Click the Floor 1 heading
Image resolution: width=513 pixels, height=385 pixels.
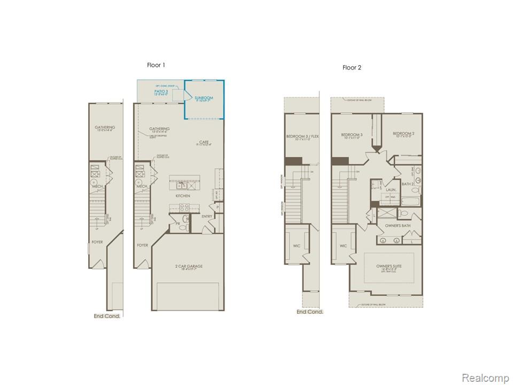click(x=156, y=65)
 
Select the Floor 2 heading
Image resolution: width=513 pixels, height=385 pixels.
click(x=352, y=67)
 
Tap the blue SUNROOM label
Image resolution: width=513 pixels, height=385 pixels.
click(x=204, y=98)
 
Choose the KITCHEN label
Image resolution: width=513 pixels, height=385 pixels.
click(x=183, y=196)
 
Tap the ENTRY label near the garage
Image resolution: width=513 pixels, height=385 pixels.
click(x=207, y=217)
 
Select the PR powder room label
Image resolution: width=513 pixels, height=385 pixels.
click(x=177, y=225)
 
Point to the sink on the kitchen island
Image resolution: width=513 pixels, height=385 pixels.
click(x=182, y=184)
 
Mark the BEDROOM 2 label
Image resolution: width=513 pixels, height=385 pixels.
click(x=403, y=134)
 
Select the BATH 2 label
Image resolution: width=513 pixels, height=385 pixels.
click(x=408, y=184)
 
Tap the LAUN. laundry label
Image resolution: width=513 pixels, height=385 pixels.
click(x=391, y=189)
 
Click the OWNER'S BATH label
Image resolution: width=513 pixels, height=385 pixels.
click(x=398, y=226)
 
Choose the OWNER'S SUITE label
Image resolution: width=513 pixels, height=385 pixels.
click(x=392, y=266)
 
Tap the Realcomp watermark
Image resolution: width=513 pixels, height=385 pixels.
click(x=485, y=378)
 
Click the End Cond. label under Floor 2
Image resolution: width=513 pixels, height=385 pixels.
click(x=310, y=312)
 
